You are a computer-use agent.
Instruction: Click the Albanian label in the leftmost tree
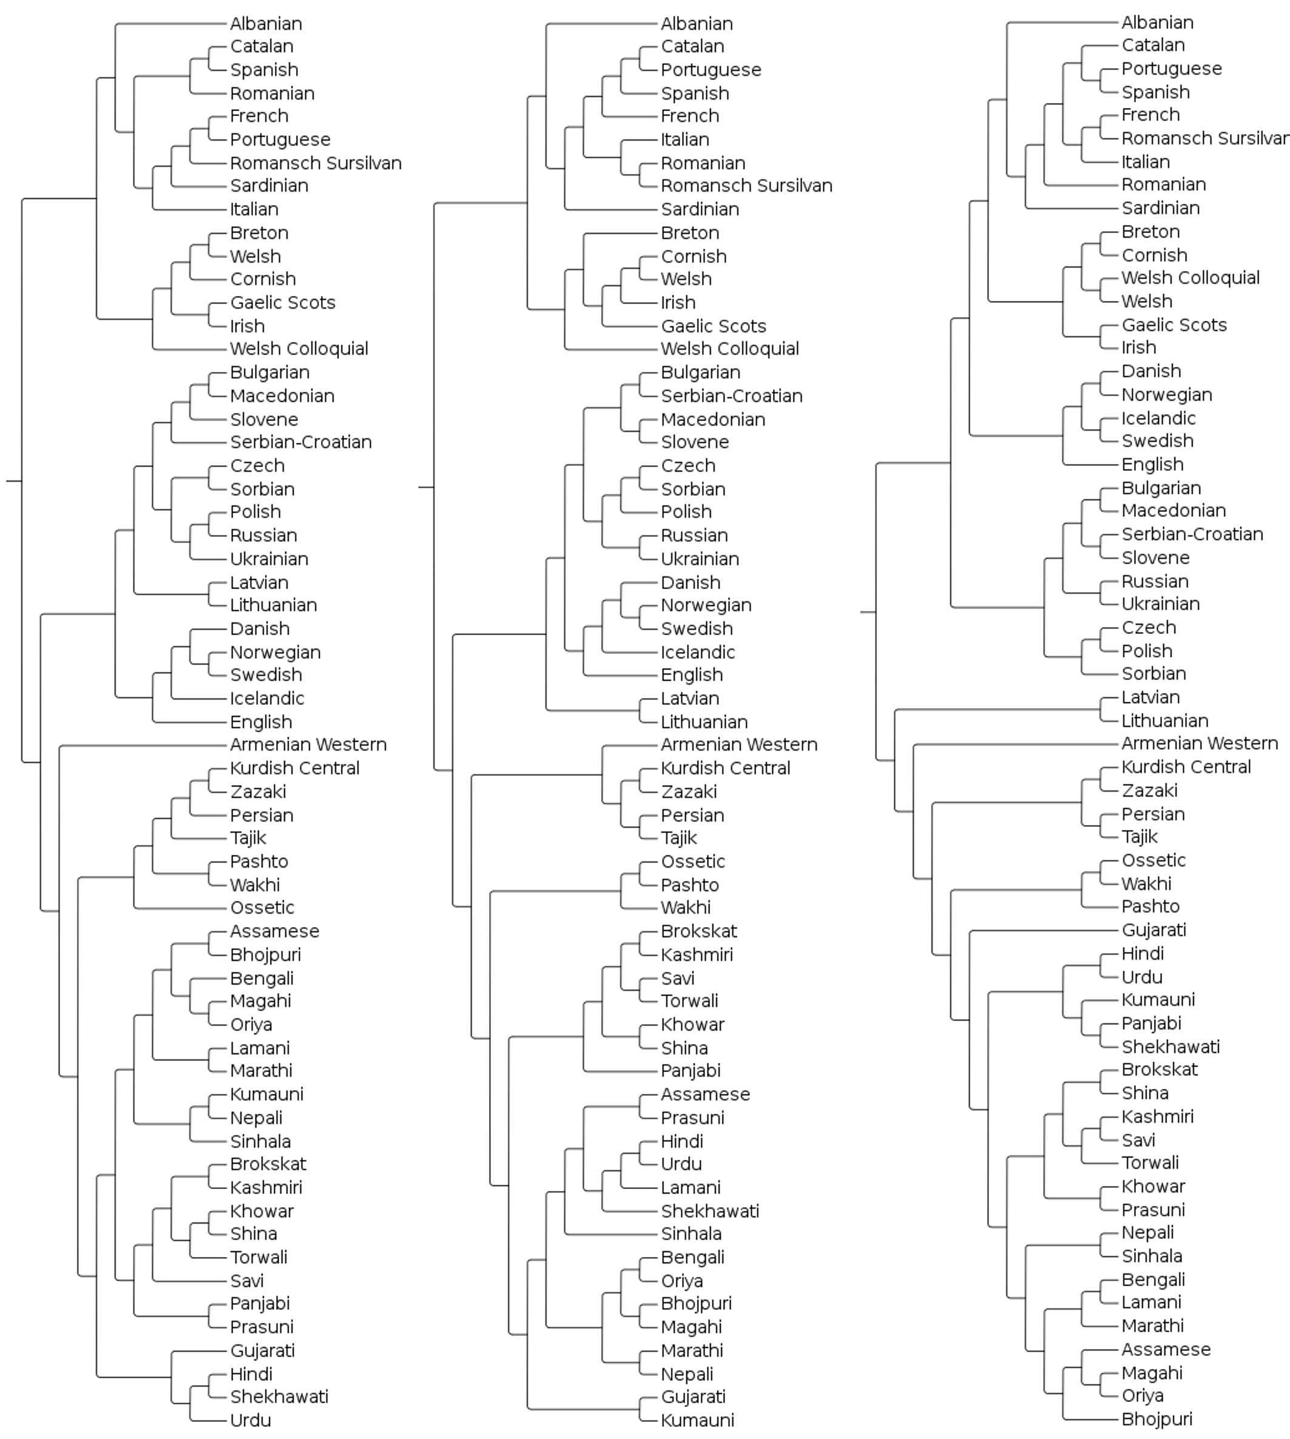pyautogui.click(x=266, y=24)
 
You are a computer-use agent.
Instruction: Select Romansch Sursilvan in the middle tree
pyautogui.click(x=746, y=186)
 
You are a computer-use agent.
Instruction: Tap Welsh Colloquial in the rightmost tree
pyautogui.click(x=1190, y=278)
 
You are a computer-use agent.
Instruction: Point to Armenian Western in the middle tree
pyautogui.click(x=738, y=744)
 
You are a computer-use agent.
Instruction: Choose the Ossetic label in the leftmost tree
pyautogui.click(x=262, y=908)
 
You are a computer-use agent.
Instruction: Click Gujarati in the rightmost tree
pyautogui.click(x=1153, y=930)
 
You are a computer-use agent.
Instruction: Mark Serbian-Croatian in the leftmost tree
pyautogui.click(x=300, y=442)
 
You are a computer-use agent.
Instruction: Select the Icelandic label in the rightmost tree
pyautogui.click(x=1158, y=419)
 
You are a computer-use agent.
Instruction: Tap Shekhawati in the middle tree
pyautogui.click(x=709, y=1212)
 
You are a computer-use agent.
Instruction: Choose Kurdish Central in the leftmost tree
pyautogui.click(x=294, y=768)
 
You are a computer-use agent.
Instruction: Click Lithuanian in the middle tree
pyautogui.click(x=704, y=722)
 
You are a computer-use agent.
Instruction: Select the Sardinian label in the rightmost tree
pyautogui.click(x=1160, y=208)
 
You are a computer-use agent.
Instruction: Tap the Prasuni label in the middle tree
pyautogui.click(x=692, y=1118)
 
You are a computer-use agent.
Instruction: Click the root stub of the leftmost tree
pyautogui.click(x=14, y=481)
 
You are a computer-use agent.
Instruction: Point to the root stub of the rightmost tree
pyautogui.click(x=868, y=612)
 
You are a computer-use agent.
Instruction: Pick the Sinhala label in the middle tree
pyautogui.click(x=691, y=1234)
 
